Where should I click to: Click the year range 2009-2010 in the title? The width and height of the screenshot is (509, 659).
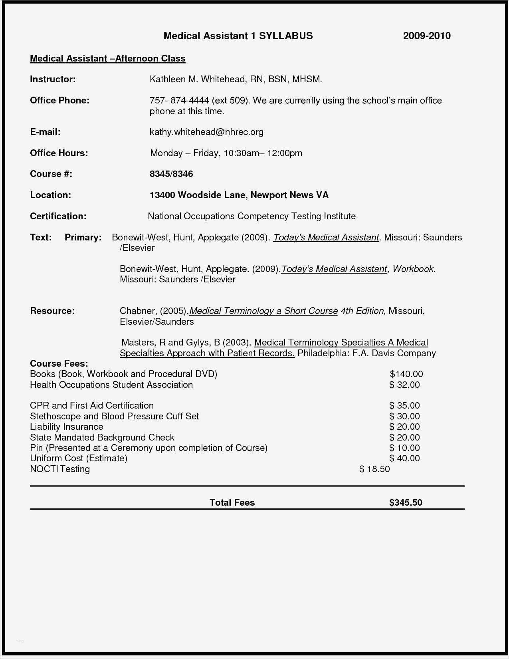tap(426, 36)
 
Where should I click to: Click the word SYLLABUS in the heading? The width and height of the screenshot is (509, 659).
tap(286, 36)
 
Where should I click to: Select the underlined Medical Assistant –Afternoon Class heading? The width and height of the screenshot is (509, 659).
tap(108, 59)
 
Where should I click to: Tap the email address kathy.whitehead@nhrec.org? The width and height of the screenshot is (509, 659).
tap(206, 132)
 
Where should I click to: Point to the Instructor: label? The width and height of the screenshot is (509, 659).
tap(53, 79)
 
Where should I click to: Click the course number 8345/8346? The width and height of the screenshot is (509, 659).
tap(171, 174)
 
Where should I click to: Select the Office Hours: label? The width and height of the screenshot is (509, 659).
tap(59, 153)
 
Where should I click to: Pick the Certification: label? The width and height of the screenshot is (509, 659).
tap(58, 216)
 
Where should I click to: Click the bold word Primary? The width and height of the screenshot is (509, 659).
tap(83, 238)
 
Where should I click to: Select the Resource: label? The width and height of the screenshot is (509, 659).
tap(52, 311)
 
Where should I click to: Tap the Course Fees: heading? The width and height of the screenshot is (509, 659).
tap(59, 364)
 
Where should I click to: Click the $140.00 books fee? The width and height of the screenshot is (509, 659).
tap(406, 374)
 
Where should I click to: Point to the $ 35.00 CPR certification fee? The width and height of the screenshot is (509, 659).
tap(404, 406)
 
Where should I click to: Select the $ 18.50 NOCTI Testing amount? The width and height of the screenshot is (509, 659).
tap(374, 469)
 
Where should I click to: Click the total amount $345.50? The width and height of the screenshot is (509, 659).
tap(406, 503)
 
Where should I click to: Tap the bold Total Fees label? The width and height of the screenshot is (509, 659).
tap(232, 503)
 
